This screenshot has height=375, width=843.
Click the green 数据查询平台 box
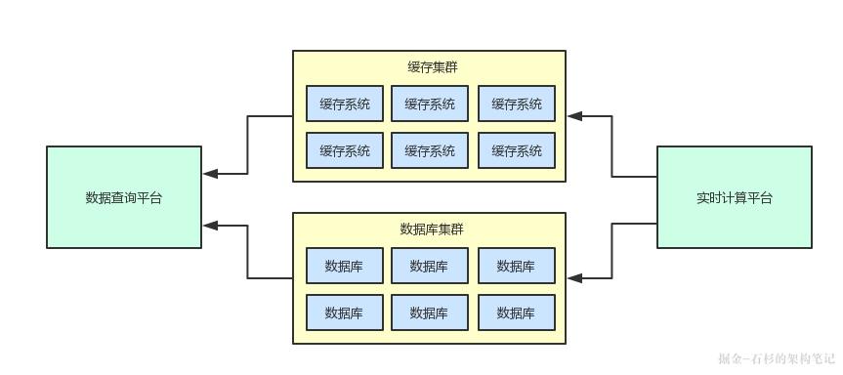click(124, 197)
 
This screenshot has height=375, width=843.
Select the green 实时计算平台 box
click(734, 197)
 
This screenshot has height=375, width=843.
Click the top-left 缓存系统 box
click(344, 104)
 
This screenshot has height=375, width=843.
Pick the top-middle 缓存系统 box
click(430, 104)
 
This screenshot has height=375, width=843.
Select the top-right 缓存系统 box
click(516, 104)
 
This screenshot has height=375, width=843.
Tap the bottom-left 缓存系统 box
click(344, 150)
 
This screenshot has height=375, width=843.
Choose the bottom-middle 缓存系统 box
click(430, 150)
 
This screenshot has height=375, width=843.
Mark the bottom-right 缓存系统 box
click(516, 150)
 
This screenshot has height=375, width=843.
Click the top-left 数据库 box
click(344, 266)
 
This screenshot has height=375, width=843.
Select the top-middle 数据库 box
click(430, 266)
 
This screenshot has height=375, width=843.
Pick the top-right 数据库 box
click(516, 266)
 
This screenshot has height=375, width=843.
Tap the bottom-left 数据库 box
click(344, 312)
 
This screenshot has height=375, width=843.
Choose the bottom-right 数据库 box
click(516, 312)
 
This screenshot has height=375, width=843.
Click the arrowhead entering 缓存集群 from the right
click(574, 116)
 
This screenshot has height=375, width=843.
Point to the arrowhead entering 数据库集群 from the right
click(574, 278)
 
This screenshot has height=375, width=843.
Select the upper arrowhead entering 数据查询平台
click(210, 175)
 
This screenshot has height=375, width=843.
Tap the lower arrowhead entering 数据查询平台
click(210, 226)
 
